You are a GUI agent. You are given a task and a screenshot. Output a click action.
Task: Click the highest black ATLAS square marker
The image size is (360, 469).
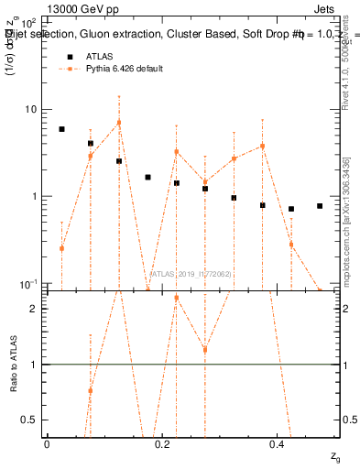click(x=61, y=129)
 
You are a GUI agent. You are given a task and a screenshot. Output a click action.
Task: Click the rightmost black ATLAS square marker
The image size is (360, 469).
click(x=320, y=206)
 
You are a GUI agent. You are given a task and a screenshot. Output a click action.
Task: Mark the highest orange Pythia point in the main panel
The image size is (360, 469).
click(x=119, y=123)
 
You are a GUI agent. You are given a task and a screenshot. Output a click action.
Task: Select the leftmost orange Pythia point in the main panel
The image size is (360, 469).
click(x=61, y=248)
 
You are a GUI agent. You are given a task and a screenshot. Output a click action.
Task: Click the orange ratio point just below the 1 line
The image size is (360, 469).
click(x=90, y=390)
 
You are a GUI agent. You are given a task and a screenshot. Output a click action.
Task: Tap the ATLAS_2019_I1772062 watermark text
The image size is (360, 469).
click(x=191, y=274)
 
